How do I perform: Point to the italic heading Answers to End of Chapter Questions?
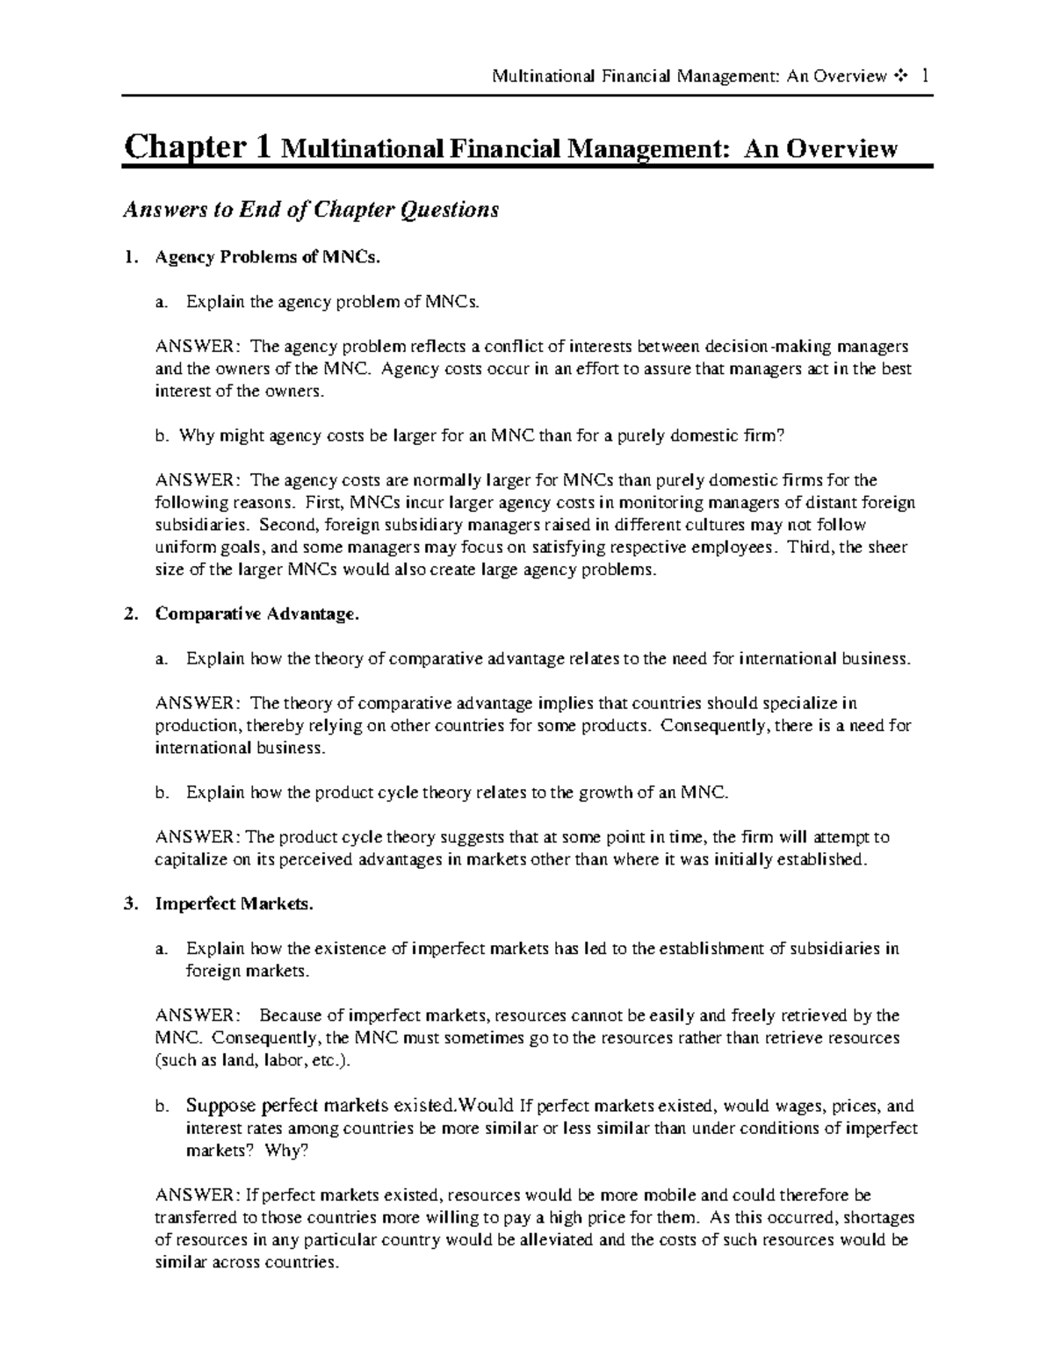[x=310, y=210]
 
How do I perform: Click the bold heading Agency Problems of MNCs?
[x=269, y=257]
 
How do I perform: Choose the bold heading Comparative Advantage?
[x=257, y=614]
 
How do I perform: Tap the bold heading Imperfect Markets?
[x=234, y=904]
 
